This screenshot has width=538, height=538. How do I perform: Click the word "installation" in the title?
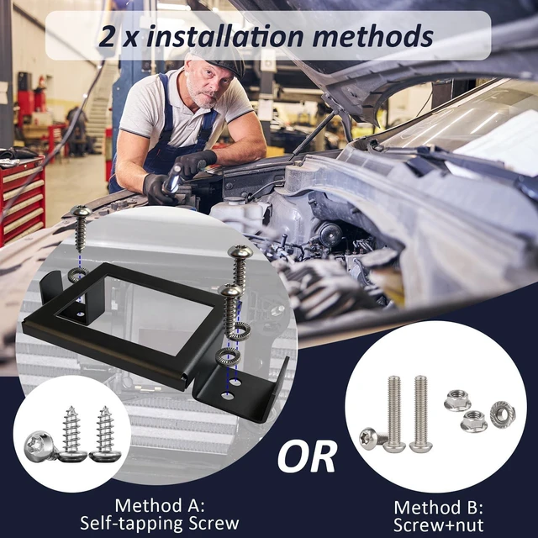224,36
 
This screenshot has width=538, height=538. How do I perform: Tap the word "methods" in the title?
373,36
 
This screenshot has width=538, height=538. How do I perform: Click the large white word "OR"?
306,457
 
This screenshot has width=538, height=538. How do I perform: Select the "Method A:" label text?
160,505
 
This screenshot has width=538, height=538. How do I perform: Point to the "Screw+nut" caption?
438,525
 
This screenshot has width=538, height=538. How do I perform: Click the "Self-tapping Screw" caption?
160,523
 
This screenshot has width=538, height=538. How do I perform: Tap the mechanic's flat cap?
219,59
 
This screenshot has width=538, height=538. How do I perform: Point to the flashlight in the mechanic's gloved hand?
174,179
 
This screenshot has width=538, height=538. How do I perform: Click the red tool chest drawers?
23,200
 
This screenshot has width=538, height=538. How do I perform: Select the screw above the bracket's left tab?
81,228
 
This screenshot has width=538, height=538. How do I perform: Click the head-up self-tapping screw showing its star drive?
40,446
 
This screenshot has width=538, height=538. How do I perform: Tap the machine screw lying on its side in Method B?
373,440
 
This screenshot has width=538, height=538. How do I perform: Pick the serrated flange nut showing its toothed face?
503,414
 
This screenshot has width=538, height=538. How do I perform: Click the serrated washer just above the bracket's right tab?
228,357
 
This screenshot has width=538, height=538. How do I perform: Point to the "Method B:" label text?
438,508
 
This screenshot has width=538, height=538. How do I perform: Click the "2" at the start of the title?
107,37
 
